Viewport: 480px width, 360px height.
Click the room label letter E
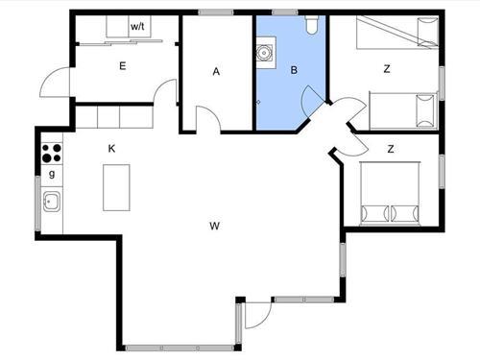click(122, 65)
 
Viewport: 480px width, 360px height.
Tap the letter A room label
click(217, 71)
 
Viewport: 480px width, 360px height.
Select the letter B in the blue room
click(294, 70)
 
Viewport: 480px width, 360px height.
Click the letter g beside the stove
click(51, 175)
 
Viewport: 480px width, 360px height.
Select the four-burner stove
click(51, 154)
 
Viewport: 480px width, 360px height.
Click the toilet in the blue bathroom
click(309, 25)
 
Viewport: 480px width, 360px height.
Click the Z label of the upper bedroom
click(386, 68)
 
